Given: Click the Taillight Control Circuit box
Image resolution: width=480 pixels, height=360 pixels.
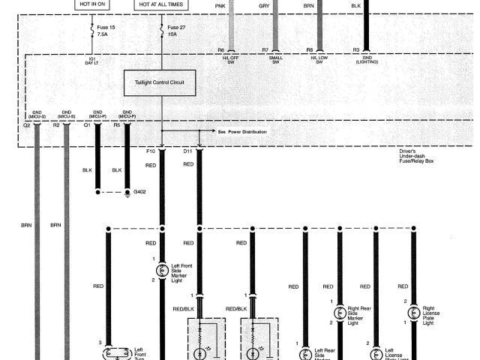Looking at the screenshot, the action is tap(159, 82).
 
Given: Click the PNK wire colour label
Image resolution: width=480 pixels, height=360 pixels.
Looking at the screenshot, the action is tap(220, 5).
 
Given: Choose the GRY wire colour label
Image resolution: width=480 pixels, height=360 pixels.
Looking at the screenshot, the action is tap(264, 5).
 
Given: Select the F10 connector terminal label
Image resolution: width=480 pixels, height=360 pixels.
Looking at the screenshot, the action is tap(150, 151).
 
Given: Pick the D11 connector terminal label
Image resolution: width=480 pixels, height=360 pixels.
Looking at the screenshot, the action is tap(188, 151).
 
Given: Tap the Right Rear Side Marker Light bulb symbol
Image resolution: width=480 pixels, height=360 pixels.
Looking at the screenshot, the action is tap(340, 311).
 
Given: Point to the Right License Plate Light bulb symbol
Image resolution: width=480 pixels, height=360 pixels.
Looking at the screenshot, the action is tap(413, 311).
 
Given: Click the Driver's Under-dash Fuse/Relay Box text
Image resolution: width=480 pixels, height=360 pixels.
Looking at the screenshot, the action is tap(417, 156).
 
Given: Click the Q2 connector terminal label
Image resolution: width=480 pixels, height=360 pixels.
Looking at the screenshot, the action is tap(26, 125).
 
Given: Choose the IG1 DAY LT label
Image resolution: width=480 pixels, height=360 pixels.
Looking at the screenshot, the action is tap(91, 61).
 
